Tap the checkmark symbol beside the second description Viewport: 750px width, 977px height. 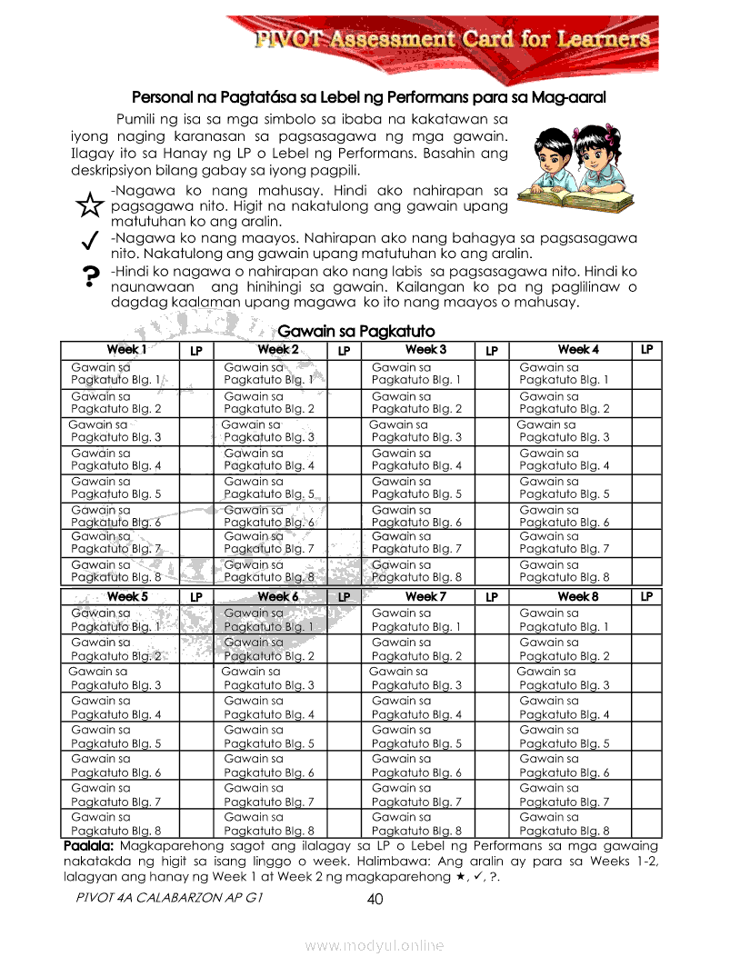[x=89, y=241]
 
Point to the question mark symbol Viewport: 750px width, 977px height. [x=89, y=276]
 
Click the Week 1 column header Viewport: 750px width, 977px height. [x=125, y=349]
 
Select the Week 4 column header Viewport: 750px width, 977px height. [x=578, y=349]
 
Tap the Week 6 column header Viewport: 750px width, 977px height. [x=277, y=596]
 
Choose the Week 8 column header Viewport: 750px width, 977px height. [x=578, y=596]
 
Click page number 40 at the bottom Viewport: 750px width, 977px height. [x=375, y=900]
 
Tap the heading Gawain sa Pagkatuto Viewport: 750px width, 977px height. [x=356, y=331]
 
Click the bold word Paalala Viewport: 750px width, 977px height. [x=88, y=846]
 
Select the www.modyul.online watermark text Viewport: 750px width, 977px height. [x=375, y=946]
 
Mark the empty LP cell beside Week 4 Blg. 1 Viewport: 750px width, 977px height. [x=646, y=374]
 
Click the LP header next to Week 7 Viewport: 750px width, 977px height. [x=491, y=597]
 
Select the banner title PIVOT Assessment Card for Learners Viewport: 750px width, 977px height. [x=452, y=39]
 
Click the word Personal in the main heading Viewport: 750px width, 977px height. [x=160, y=96]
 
